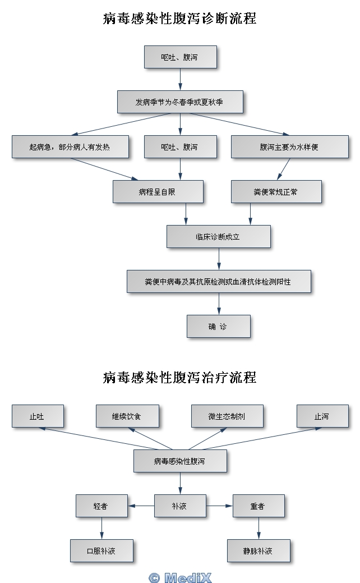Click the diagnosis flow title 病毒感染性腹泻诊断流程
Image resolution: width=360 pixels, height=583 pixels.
click(x=180, y=19)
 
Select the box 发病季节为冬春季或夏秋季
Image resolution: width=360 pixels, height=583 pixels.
click(x=180, y=102)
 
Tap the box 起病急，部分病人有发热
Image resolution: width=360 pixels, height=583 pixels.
click(x=70, y=147)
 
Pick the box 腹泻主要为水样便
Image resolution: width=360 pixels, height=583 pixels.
click(x=289, y=147)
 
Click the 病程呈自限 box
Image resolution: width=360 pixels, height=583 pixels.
click(x=158, y=192)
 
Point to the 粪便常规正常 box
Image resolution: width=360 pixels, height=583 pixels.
click(x=276, y=192)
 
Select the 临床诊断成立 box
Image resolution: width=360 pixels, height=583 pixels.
click(x=218, y=237)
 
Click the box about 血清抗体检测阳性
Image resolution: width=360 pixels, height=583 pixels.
click(x=218, y=282)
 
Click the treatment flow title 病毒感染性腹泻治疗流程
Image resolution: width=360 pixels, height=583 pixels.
click(x=180, y=378)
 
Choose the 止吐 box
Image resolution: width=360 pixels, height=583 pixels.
click(x=38, y=416)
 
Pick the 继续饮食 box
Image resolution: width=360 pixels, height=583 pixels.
click(x=127, y=416)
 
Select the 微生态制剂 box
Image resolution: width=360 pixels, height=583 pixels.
click(x=227, y=416)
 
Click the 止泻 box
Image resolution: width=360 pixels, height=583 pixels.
click(x=322, y=416)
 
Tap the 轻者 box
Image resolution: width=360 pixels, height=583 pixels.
click(x=101, y=506)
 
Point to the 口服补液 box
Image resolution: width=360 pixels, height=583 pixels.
click(x=101, y=551)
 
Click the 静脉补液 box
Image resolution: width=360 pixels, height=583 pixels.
click(x=259, y=551)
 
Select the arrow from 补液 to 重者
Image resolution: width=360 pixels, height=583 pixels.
click(x=219, y=506)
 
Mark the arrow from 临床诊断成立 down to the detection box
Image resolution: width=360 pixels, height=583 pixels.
click(x=219, y=259)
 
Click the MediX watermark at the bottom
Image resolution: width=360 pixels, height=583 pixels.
click(x=181, y=577)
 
